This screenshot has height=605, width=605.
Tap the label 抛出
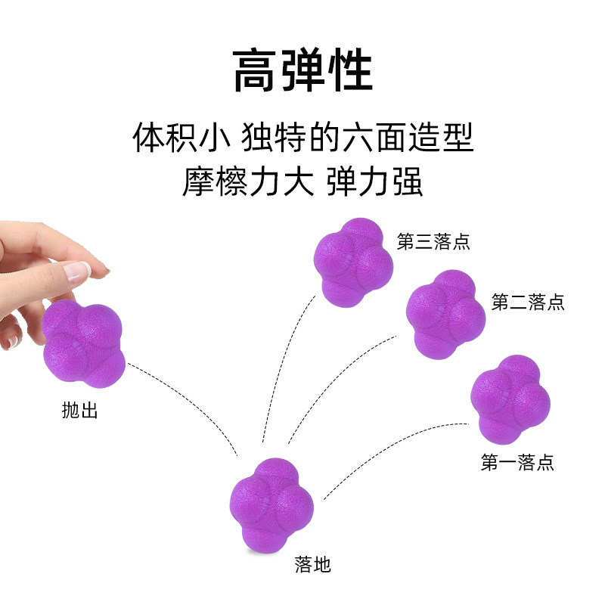tap(79, 412)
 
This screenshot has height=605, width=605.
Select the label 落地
tap(312, 564)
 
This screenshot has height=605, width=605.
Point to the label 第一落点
tap(517, 463)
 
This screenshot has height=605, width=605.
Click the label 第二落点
tap(527, 302)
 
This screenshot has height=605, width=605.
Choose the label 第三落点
tap(433, 242)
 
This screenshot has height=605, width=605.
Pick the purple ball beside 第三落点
tap(354, 258)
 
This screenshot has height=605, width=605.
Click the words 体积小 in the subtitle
tap(180, 138)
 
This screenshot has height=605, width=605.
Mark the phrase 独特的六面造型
tap(357, 138)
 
